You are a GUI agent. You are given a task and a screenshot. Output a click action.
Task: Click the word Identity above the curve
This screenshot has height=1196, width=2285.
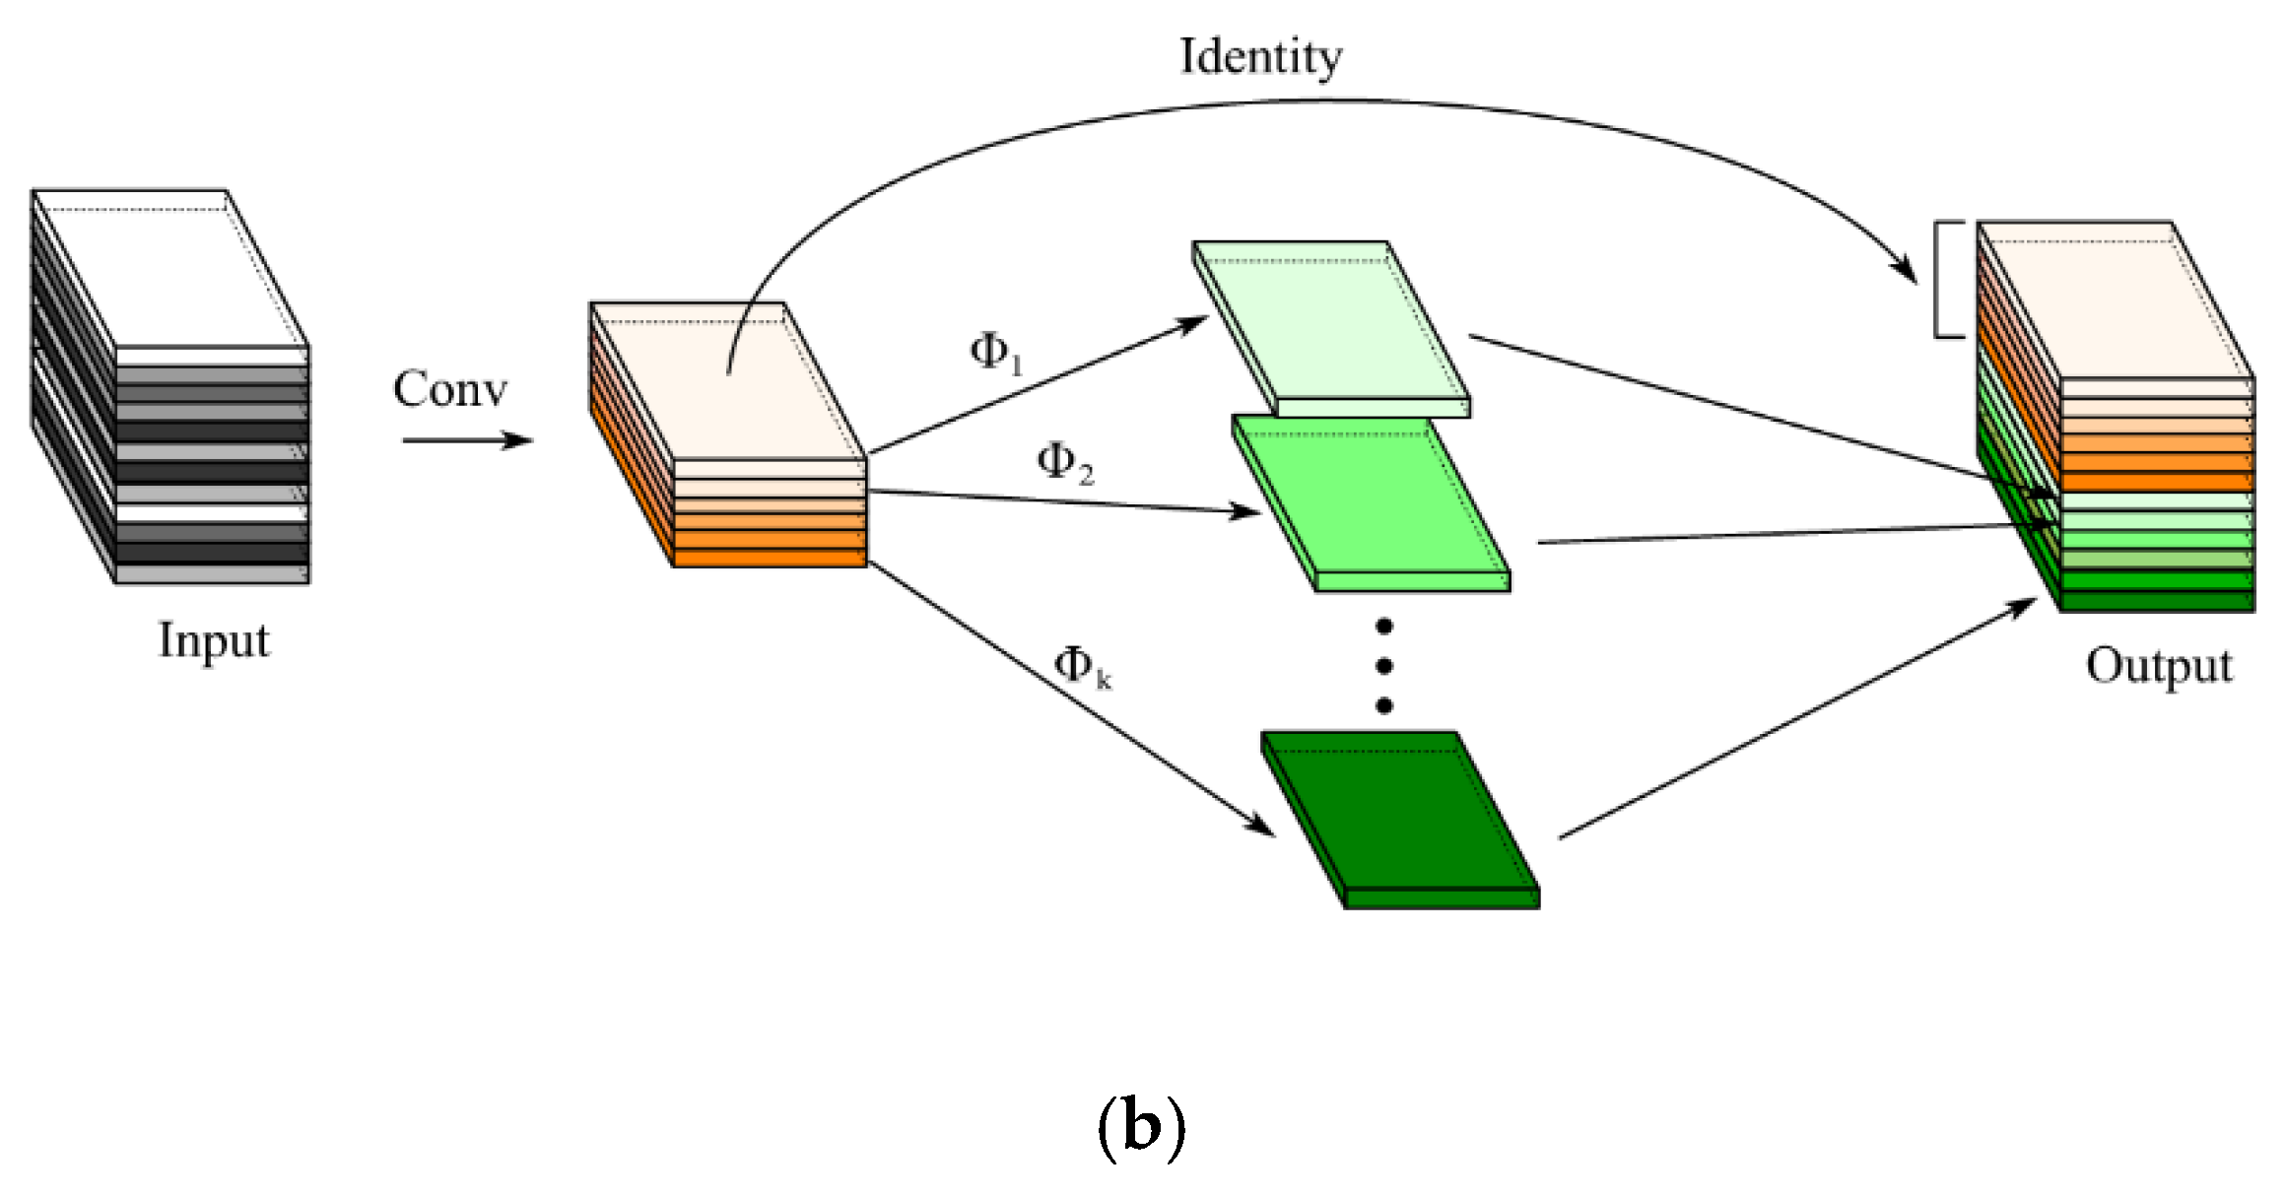(1260, 56)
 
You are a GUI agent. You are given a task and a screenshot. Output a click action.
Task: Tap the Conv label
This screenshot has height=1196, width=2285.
(450, 389)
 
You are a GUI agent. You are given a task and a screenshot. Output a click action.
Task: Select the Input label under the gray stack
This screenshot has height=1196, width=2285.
(214, 640)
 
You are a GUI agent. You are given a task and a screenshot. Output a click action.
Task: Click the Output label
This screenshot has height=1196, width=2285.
(2158, 666)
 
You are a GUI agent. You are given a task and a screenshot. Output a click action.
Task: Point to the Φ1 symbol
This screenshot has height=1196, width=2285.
(995, 352)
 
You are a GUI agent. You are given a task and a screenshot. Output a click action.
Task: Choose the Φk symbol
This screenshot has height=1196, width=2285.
(1082, 666)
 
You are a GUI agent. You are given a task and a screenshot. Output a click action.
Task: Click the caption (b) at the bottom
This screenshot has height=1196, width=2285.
(1140, 1126)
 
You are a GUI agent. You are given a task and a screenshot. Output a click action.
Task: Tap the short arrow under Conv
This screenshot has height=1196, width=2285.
(467, 440)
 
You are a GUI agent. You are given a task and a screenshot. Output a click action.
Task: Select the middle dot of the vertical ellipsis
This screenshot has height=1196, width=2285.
(1383, 667)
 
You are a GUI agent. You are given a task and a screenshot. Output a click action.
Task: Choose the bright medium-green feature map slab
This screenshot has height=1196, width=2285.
(1370, 502)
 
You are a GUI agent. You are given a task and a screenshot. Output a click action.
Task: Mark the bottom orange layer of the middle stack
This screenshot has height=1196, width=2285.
(769, 559)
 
